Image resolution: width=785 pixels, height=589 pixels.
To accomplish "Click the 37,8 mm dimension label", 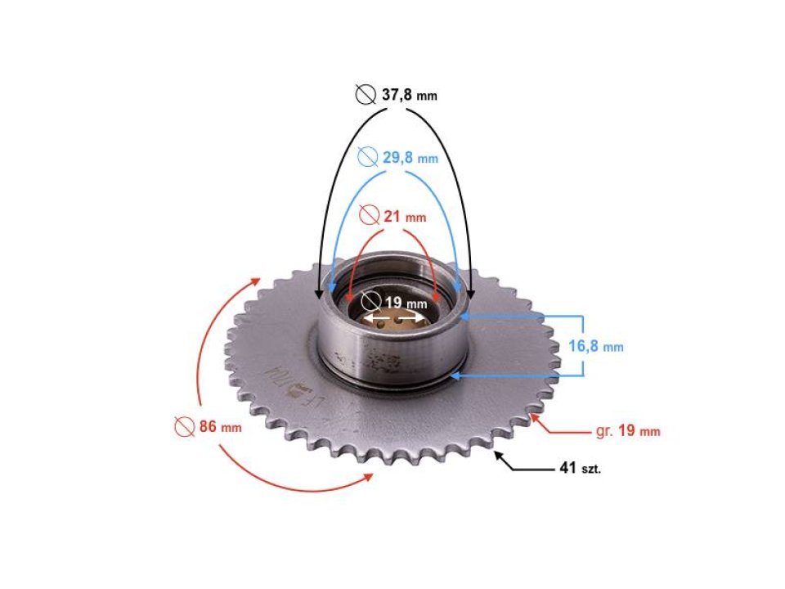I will tap(409, 95).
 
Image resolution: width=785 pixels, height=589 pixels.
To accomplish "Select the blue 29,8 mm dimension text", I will tap(409, 157).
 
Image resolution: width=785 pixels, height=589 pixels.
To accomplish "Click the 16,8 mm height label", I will tap(595, 346).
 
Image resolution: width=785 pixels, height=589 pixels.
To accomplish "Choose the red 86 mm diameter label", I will tap(219, 426).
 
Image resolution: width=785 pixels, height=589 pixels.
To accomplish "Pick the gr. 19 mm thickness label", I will tap(626, 430).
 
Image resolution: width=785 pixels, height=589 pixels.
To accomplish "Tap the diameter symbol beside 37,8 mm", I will tap(366, 95).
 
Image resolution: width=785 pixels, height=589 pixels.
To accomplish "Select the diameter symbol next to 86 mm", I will tap(183, 426).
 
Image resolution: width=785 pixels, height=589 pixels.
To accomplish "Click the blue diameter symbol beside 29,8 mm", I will tap(368, 157).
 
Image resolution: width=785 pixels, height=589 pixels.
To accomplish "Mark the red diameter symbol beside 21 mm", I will tap(370, 217).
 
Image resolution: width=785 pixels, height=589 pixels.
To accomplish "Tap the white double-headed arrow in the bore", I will tap(396, 316).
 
